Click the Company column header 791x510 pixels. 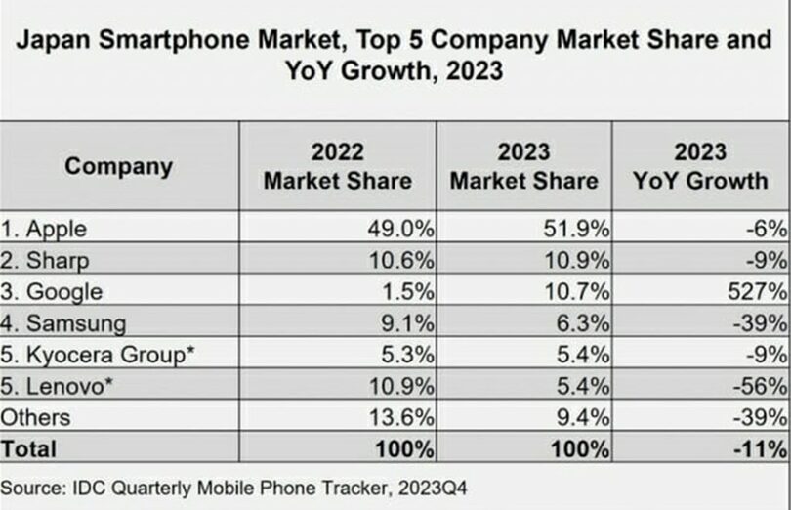(x=118, y=166)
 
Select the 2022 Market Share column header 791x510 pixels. (x=337, y=166)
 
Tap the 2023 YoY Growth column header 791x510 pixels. (x=700, y=166)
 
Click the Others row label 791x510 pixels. (x=36, y=417)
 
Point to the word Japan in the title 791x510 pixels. (x=52, y=42)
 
